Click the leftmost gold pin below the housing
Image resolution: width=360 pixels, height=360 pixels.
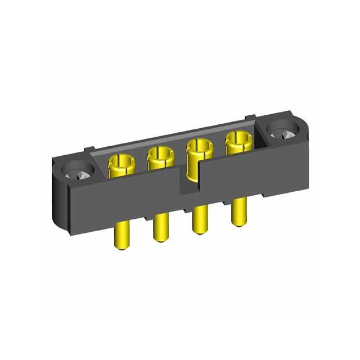point(123,235)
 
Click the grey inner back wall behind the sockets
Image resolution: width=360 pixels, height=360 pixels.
point(169,137)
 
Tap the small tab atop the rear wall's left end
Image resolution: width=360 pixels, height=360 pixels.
point(89,149)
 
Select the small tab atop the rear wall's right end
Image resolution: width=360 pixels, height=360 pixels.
point(251,119)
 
